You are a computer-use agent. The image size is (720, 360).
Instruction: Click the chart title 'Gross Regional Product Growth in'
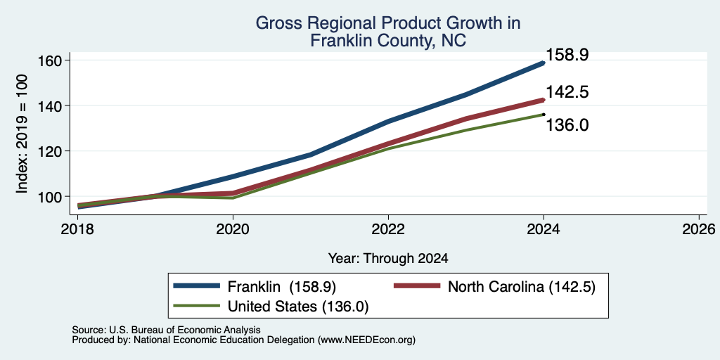(388, 23)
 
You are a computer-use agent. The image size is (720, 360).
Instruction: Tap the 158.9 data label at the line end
(567, 55)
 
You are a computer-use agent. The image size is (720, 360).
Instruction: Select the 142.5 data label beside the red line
(567, 92)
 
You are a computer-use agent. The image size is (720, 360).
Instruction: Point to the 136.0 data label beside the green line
(567, 125)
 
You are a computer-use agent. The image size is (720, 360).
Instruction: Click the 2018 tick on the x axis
(78, 229)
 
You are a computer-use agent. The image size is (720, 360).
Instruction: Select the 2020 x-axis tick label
(233, 229)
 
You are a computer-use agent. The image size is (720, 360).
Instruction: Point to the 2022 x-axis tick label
(388, 229)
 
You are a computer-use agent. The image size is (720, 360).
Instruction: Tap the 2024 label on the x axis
(544, 229)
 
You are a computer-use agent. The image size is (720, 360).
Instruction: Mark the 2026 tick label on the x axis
(699, 229)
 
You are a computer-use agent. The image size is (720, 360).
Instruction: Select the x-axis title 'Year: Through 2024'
(388, 259)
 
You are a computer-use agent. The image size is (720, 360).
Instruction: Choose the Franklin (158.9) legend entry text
(282, 287)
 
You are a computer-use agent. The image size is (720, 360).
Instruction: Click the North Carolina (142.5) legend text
(522, 287)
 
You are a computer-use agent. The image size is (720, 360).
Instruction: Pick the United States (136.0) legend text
(298, 307)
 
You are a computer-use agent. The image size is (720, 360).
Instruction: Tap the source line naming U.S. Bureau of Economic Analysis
(166, 330)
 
